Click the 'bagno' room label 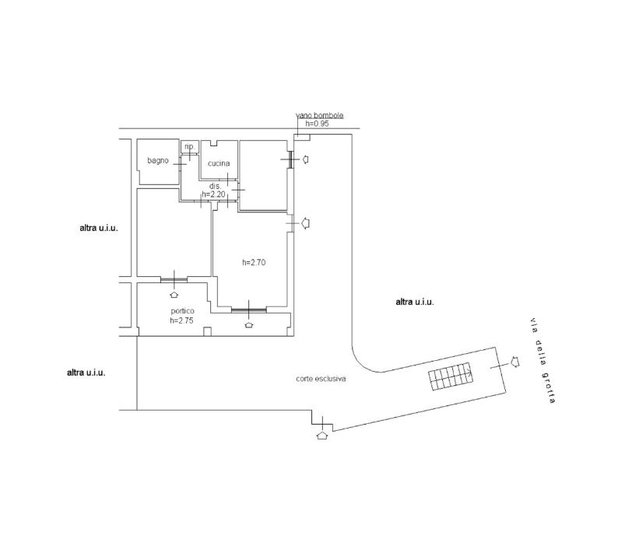click(x=158, y=161)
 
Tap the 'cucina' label click(x=219, y=163)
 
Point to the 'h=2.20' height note click(x=213, y=194)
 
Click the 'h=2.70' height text click(x=254, y=262)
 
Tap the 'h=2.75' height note click(x=181, y=320)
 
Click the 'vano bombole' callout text click(x=319, y=116)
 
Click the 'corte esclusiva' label click(x=321, y=379)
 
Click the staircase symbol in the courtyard click(x=451, y=376)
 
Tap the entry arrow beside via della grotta click(x=514, y=361)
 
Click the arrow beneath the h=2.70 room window click(x=248, y=324)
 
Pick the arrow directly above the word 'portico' click(x=174, y=294)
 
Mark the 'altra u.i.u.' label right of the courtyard click(x=415, y=302)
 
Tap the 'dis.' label click(x=216, y=186)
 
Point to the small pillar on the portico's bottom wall click(x=206, y=332)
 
